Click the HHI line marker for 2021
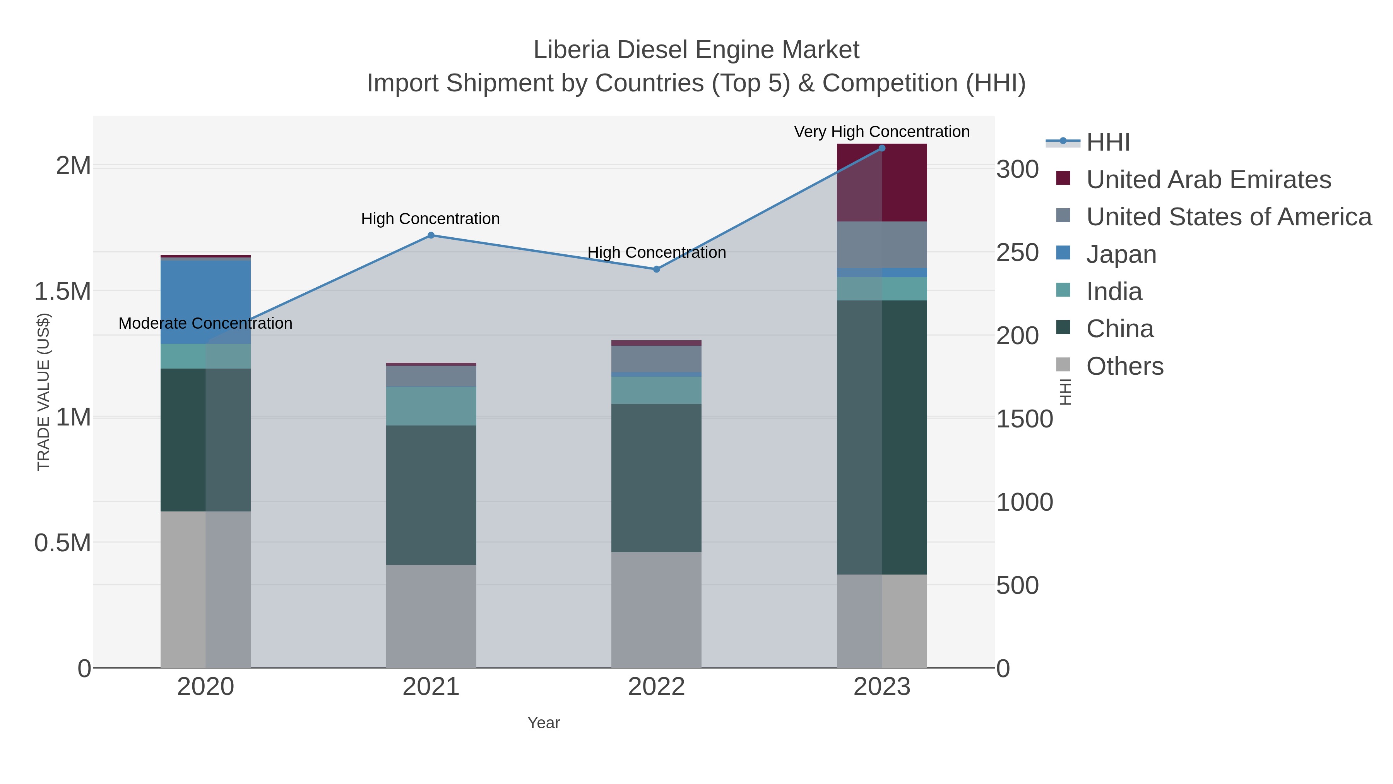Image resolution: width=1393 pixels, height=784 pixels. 431,235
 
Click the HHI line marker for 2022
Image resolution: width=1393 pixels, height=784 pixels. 657,269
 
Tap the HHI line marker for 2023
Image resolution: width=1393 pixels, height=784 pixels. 882,148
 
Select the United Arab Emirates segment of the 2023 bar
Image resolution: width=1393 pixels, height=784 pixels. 882,183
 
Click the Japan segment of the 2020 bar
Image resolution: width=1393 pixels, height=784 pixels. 205,302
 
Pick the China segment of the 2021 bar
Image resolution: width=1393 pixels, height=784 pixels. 431,495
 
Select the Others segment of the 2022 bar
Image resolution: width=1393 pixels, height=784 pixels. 657,610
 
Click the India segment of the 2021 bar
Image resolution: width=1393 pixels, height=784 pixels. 431,406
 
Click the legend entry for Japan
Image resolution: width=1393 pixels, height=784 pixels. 1121,254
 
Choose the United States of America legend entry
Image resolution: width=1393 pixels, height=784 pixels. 1228,217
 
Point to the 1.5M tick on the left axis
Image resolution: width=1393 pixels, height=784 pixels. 63,292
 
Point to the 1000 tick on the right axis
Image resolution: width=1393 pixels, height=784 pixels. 1024,502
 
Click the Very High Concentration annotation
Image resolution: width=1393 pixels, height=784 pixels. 881,132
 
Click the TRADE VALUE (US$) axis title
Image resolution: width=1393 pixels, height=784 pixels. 43,392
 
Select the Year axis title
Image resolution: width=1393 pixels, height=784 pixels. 544,723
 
